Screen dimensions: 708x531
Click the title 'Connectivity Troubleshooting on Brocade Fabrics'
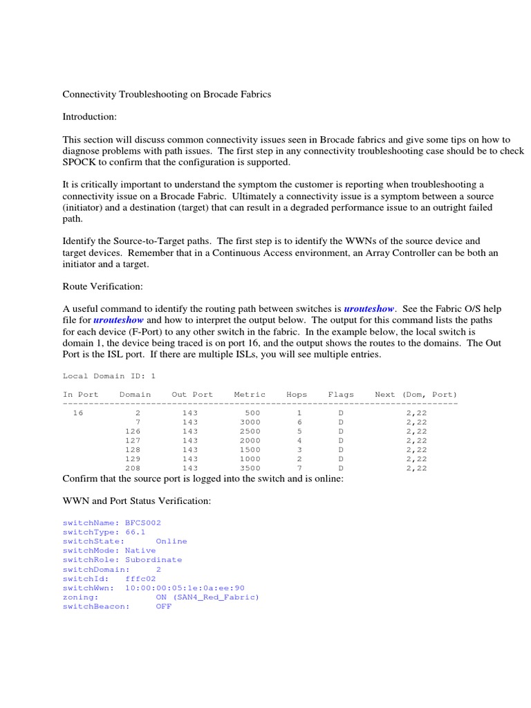click(167, 94)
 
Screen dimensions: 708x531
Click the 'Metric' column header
click(250, 395)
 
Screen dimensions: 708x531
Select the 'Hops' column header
click(297, 395)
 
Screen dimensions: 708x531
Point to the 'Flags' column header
click(341, 395)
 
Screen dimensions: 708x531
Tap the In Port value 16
click(77, 413)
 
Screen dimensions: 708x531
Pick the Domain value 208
click(133, 467)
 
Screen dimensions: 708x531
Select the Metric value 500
click(252, 413)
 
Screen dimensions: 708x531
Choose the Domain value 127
click(133, 440)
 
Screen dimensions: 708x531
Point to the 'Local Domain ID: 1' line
click(109, 376)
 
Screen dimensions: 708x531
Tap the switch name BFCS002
click(143, 523)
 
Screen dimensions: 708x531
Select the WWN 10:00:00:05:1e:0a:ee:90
click(185, 587)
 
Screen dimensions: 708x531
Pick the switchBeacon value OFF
click(164, 606)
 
